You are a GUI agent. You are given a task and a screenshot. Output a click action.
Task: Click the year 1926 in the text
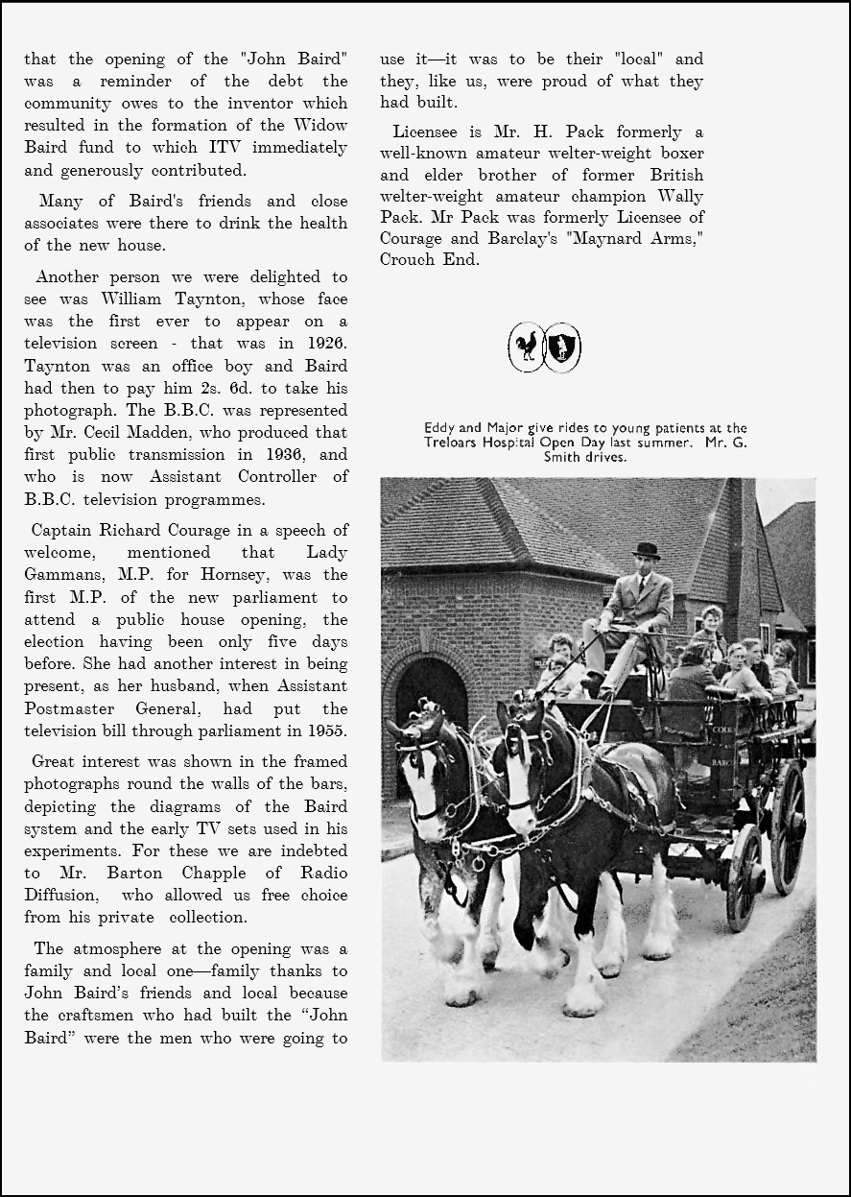click(x=327, y=344)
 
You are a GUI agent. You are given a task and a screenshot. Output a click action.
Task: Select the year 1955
click(x=327, y=730)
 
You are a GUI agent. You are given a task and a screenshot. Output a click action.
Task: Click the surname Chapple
click(x=214, y=873)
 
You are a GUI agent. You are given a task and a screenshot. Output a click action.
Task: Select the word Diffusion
click(x=60, y=895)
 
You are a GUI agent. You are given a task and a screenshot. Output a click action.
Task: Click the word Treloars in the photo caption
click(x=454, y=443)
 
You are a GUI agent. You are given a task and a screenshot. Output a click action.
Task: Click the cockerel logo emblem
click(x=527, y=347)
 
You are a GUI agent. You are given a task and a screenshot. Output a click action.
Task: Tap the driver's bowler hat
click(x=647, y=550)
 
